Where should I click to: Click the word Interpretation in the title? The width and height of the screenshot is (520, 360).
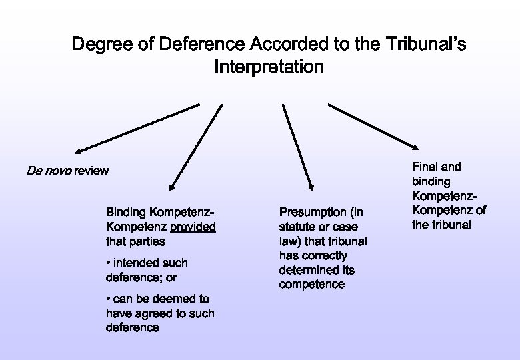tap(269, 67)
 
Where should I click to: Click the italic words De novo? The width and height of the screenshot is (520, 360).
tap(48, 171)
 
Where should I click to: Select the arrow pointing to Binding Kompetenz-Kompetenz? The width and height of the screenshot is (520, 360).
tap(196, 147)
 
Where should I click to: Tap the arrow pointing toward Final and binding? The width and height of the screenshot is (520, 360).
tap(373, 125)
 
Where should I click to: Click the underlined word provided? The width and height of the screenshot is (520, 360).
tap(193, 227)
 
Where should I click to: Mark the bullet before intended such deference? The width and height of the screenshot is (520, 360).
tap(109, 263)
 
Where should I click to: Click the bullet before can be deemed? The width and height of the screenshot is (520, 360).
tap(109, 299)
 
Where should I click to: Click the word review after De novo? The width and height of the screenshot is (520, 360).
tap(91, 171)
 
